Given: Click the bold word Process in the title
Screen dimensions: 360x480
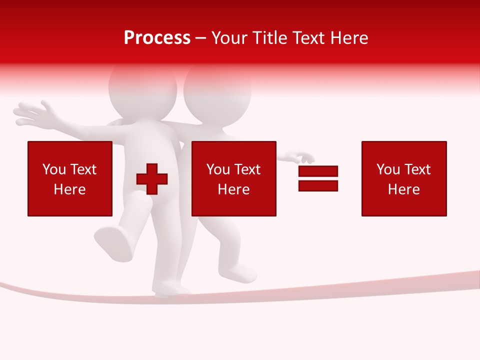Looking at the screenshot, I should (x=157, y=38).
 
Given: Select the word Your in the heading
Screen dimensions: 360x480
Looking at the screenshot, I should (x=228, y=38).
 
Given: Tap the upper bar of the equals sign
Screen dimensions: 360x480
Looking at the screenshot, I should (x=318, y=171).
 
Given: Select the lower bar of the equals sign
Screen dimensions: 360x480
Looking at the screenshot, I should (x=318, y=185).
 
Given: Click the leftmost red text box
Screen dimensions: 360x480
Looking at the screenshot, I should (x=70, y=178).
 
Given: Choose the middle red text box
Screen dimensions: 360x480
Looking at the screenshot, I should (x=233, y=178).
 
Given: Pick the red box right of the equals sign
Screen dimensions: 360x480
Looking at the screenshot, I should (x=404, y=178).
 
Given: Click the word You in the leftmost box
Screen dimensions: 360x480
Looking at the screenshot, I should (x=53, y=169).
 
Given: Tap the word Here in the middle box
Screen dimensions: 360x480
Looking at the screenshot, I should (x=233, y=189).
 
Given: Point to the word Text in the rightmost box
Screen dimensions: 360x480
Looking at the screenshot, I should (x=417, y=169).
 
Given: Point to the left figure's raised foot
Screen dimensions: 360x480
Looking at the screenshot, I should (x=114, y=243).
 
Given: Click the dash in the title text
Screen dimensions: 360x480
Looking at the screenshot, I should (x=201, y=38).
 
